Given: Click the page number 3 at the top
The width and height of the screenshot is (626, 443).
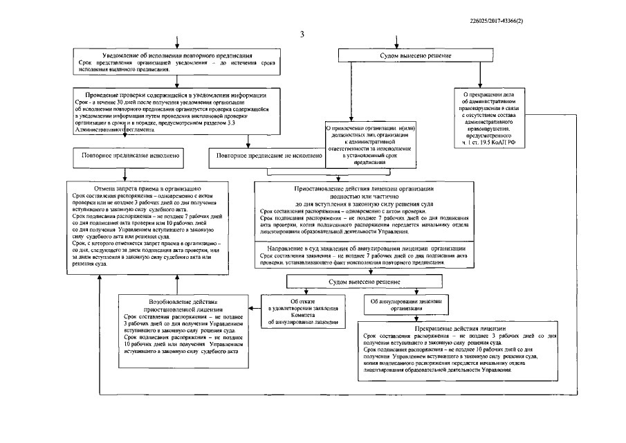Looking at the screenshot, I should coord(302,35).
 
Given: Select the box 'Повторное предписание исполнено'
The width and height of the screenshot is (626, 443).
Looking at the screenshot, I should coord(129,157).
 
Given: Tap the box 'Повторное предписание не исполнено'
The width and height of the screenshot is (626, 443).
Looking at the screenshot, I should coord(268,157).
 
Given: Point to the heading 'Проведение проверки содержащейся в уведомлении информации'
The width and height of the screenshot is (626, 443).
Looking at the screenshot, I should coord(172,94).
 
